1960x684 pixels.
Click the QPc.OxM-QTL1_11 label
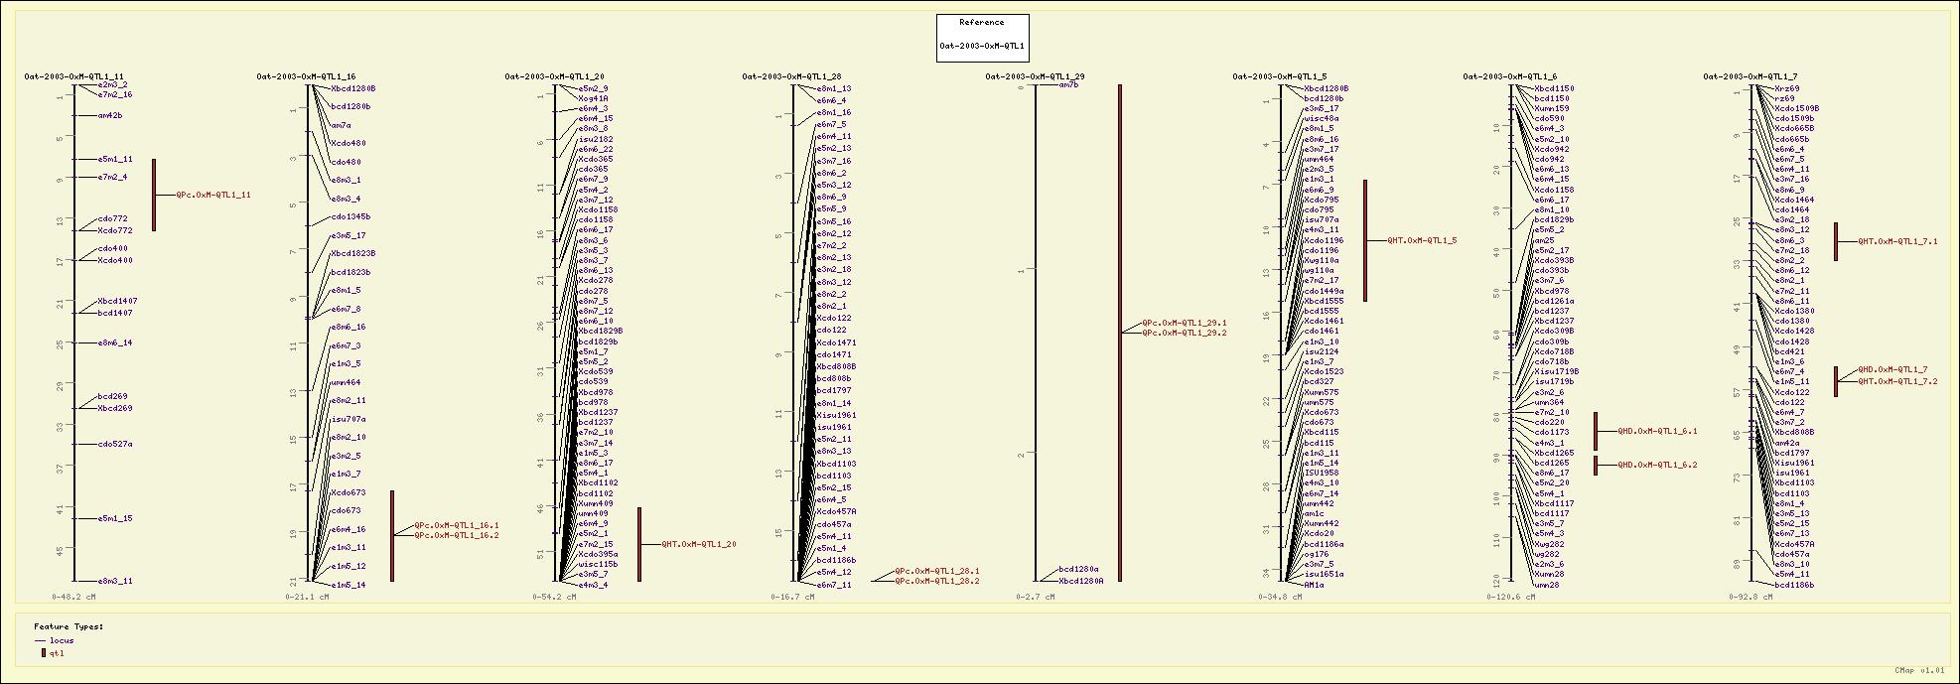click(x=213, y=196)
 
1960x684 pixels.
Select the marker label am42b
click(x=110, y=116)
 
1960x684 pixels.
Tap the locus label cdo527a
click(x=115, y=445)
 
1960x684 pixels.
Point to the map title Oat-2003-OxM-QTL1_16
click(x=306, y=76)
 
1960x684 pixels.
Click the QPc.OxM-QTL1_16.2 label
click(x=457, y=536)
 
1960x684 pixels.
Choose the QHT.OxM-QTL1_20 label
click(x=699, y=544)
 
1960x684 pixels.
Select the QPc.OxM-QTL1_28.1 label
click(x=937, y=572)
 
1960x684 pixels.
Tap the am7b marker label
click(x=1068, y=85)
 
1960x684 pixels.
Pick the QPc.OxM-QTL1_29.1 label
click(x=1185, y=323)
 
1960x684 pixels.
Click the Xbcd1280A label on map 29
click(x=1081, y=581)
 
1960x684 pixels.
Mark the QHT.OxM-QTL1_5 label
click(x=1423, y=240)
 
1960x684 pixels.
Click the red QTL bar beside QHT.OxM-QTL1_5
click(x=1365, y=240)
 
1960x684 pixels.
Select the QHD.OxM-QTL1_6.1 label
click(x=1657, y=432)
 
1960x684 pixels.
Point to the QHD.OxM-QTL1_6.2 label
click(x=1657, y=465)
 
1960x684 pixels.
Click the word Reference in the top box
click(x=982, y=23)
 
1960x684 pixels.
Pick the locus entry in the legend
click(x=62, y=641)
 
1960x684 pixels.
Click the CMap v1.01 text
click(x=1919, y=671)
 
